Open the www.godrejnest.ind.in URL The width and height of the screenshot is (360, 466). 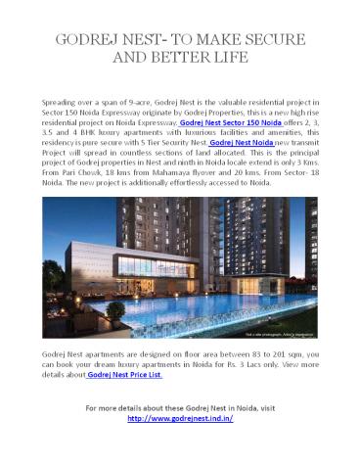[180, 415]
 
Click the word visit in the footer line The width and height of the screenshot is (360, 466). [271, 404]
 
